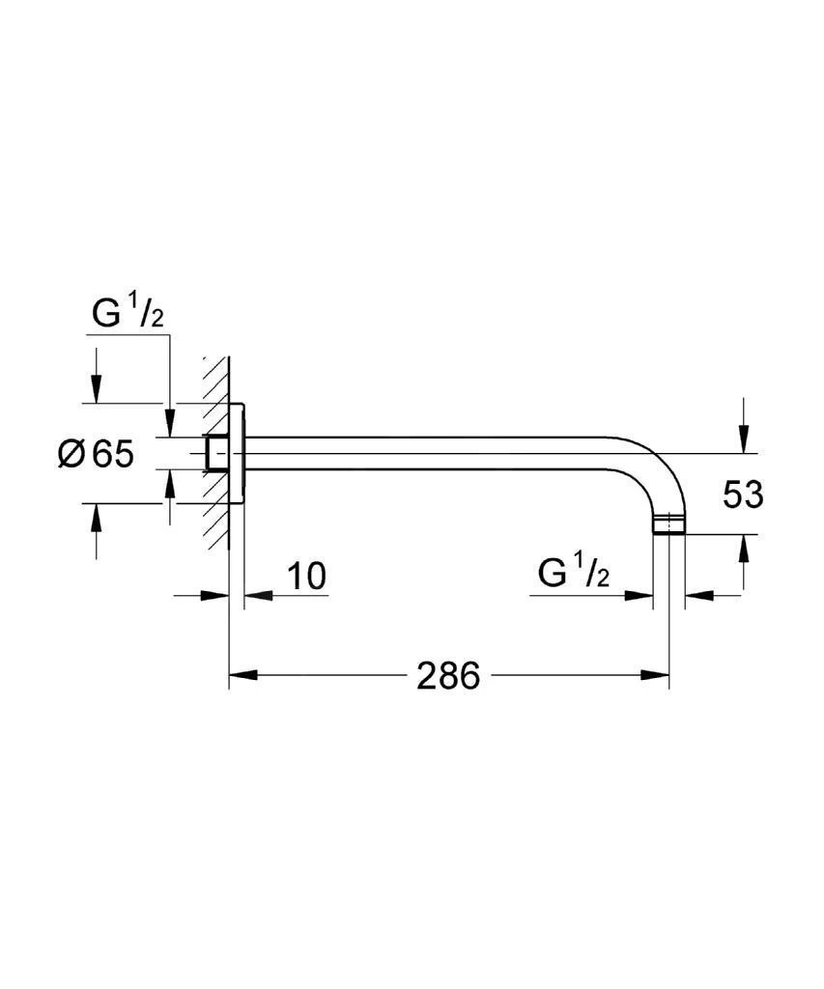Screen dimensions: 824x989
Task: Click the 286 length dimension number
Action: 448,675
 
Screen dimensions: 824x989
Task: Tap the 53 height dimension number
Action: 743,494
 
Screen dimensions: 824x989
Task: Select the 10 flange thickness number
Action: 306,576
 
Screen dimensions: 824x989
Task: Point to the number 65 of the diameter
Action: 113,454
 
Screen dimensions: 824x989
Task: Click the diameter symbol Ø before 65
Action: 71,454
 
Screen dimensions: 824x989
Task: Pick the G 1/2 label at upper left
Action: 128,314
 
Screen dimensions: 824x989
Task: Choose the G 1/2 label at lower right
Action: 574,573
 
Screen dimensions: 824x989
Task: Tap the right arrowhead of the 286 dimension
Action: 654,675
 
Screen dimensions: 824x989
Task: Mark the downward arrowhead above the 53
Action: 745,438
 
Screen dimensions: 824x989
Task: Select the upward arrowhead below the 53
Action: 745,549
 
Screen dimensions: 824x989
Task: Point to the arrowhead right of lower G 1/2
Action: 698,595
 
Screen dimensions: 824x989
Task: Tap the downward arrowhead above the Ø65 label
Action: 96,388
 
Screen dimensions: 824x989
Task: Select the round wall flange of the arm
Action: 237,453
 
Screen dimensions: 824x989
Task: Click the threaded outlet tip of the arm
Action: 668,524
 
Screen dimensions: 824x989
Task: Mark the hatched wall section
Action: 216,454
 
